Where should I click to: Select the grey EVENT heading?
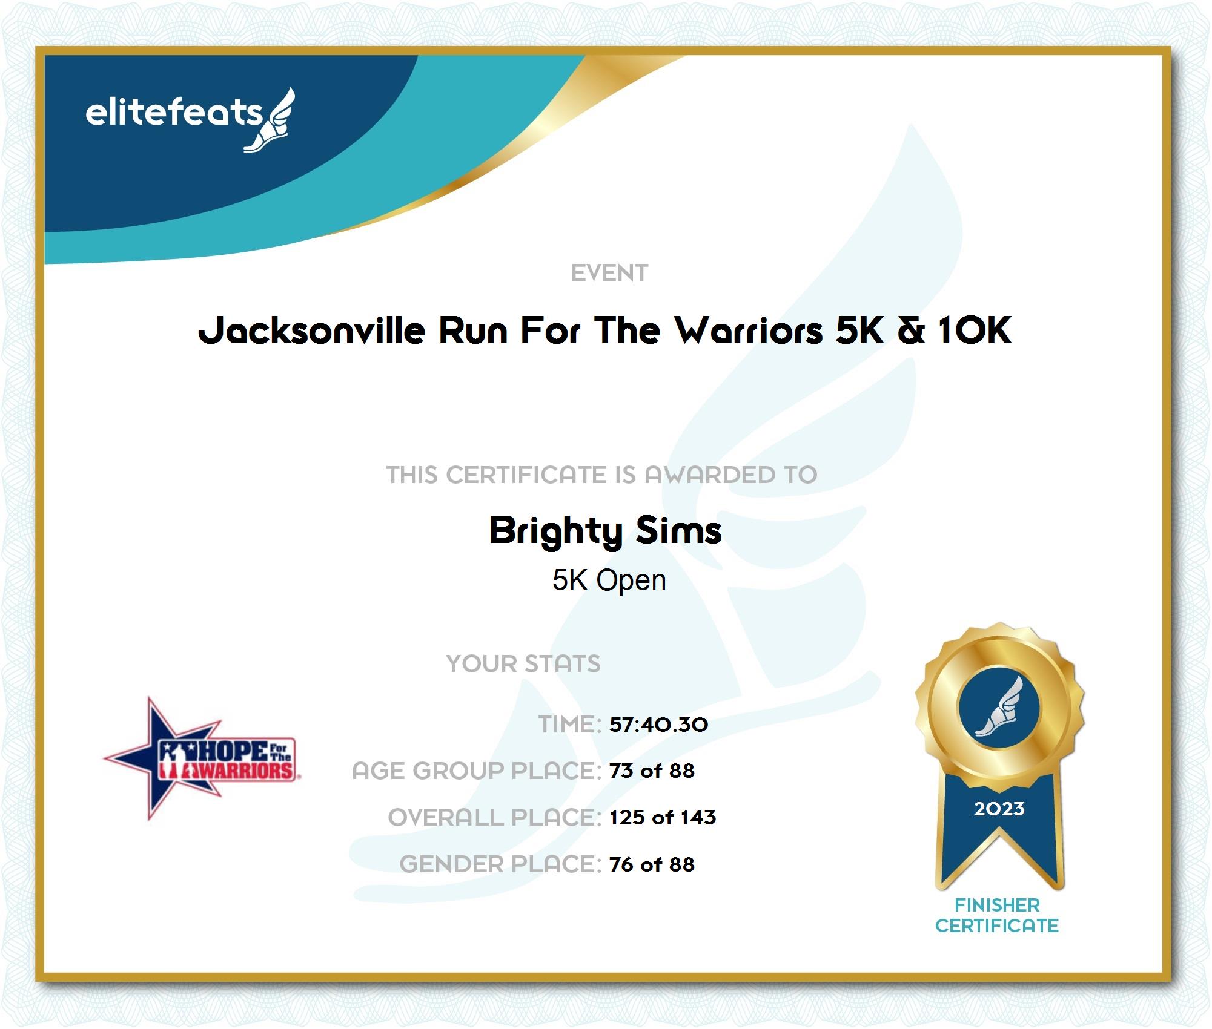(609, 273)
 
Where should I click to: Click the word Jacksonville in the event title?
(312, 331)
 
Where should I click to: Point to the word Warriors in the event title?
(749, 331)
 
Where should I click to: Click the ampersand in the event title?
(912, 331)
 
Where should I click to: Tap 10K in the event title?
(975, 331)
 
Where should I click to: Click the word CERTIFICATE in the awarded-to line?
(526, 475)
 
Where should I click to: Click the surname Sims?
(679, 530)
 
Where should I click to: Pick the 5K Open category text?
(609, 580)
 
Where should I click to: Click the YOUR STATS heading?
(523, 663)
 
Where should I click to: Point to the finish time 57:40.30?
(658, 725)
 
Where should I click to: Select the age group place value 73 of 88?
(652, 771)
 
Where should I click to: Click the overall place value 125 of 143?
(663, 817)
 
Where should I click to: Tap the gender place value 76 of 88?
(652, 864)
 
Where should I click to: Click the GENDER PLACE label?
(500, 864)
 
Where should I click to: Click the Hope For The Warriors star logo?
(200, 758)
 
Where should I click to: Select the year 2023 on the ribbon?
(999, 809)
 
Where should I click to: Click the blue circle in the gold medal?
(999, 708)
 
